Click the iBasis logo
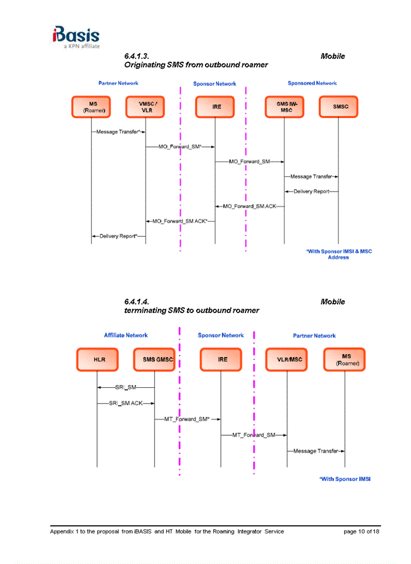pos(75,36)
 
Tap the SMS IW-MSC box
pos(284,107)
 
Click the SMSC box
pos(338,107)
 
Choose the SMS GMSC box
pos(154,360)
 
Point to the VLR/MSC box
pos(287,360)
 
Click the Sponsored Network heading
pos(312,83)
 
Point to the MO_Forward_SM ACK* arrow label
pos(180,221)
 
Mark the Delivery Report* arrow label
pos(118,236)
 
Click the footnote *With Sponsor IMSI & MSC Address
pos(339,254)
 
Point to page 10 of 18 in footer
pos(361,532)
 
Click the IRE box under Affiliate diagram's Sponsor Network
pos(221,360)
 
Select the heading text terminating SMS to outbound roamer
pos(191,310)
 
